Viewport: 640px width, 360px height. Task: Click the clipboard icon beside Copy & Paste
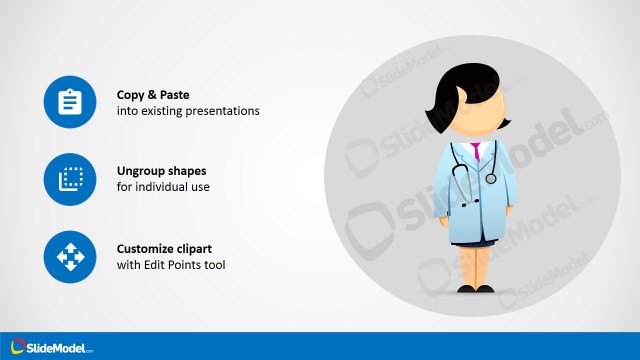(69, 102)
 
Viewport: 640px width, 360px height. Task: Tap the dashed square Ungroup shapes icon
(69, 179)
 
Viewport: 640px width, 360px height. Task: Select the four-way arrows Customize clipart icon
(69, 257)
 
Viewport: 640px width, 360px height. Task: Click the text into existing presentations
(188, 110)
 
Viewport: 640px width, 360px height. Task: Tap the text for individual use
(163, 187)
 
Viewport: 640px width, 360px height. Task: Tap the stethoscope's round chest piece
(490, 178)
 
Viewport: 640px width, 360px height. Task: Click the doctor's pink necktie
(476, 151)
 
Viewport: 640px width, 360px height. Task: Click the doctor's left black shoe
(468, 289)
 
